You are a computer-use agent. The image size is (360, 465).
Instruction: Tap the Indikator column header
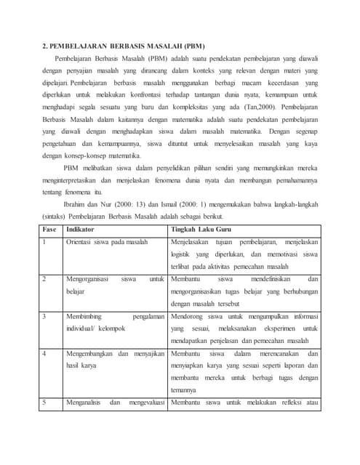coord(81,229)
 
